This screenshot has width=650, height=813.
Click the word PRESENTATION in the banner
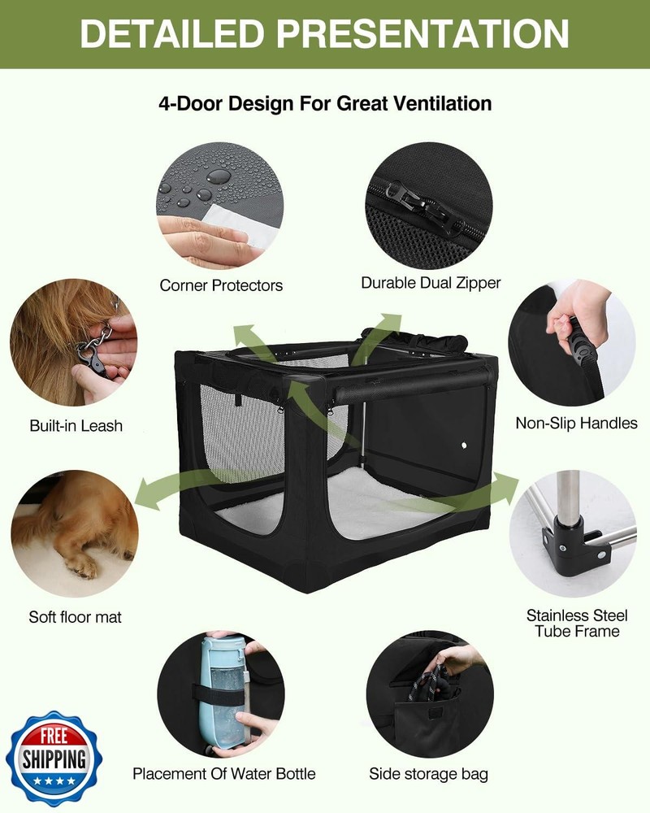[422, 33]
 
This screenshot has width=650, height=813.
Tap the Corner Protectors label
[221, 285]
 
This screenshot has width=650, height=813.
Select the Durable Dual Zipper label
[431, 283]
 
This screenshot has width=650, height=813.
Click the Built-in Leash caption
[76, 426]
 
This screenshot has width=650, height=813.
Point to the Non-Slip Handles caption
[576, 423]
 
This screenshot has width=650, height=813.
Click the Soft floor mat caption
[76, 617]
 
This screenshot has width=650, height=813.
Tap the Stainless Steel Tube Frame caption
[577, 624]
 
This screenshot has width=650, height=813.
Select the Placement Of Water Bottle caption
[224, 774]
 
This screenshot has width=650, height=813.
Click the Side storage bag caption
[429, 774]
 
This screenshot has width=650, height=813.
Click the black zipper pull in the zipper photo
[420, 203]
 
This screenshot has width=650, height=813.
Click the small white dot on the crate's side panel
[464, 446]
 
